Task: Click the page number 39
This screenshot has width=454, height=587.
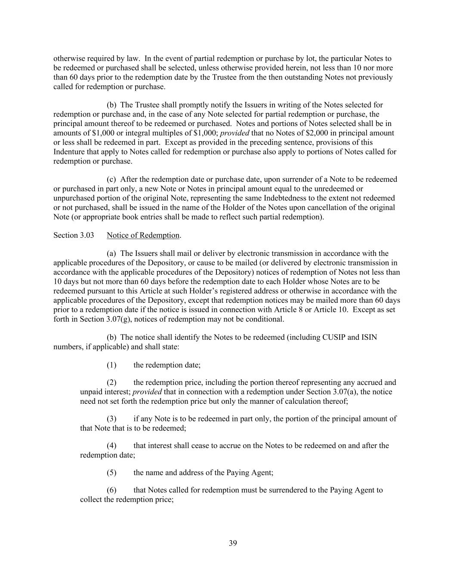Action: [x=232, y=543]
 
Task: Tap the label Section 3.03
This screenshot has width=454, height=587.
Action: [x=74, y=235]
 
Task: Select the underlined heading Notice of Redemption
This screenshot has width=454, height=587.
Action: [x=143, y=235]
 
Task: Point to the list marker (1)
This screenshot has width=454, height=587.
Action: [x=111, y=365]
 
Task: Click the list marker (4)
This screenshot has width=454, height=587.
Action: [x=111, y=446]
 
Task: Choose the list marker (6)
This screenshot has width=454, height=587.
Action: [x=111, y=490]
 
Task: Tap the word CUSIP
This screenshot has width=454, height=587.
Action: [x=334, y=337]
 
